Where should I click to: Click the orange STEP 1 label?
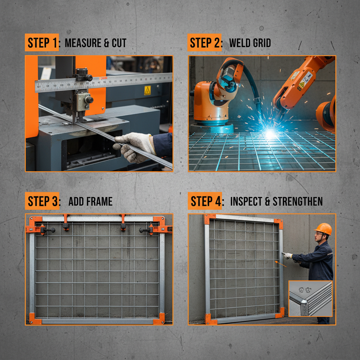(41, 43)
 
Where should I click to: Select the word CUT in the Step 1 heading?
(119, 43)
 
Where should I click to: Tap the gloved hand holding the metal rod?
(134, 146)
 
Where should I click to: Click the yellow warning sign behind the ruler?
(147, 90)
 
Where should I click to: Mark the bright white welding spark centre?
(270, 133)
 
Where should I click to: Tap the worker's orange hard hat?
(324, 229)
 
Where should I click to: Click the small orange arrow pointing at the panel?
(280, 263)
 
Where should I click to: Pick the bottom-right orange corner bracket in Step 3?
(159, 318)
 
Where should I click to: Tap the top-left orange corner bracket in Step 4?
(210, 219)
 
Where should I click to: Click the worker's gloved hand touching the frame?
(288, 256)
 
